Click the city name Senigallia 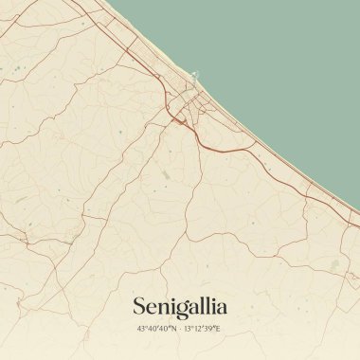[x=180, y=306]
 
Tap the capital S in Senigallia [x=140, y=306]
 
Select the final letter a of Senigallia [x=222, y=307]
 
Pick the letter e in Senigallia [x=153, y=308]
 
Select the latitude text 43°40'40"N [x=157, y=329]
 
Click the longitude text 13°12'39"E [x=202, y=329]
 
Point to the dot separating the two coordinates [x=180, y=329]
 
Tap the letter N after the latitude [x=173, y=329]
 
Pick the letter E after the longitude [x=218, y=329]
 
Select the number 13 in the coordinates [x=188, y=329]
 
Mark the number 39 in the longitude [x=210, y=329]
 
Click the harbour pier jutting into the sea [x=196, y=75]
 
